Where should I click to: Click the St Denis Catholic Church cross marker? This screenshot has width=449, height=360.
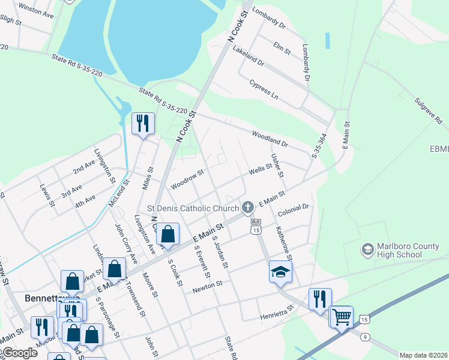pyautogui.click(x=247, y=208)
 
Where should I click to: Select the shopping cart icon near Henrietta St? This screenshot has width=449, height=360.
pyautogui.click(x=342, y=316)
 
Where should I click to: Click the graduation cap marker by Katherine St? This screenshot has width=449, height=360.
pyautogui.click(x=280, y=271)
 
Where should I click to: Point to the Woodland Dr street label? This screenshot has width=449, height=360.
pyautogui.click(x=270, y=139)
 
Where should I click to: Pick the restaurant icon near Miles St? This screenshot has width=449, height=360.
pyautogui.click(x=143, y=124)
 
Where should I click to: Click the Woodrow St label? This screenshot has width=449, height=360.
pyautogui.click(x=187, y=179)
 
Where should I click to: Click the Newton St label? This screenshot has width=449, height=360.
pyautogui.click(x=208, y=287)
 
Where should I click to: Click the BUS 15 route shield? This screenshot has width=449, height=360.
pyautogui.click(x=256, y=227)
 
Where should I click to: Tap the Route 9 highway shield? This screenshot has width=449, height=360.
pyautogui.click(x=365, y=337)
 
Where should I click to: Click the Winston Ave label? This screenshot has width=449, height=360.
pyautogui.click(x=36, y=9)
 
